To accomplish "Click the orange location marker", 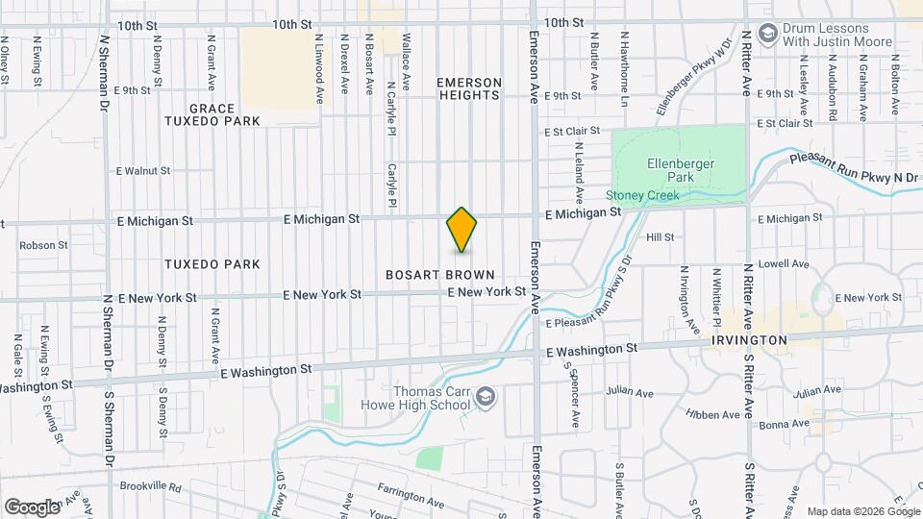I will tap(461, 230).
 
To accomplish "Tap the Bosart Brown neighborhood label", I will tap(440, 275).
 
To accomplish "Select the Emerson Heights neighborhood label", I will tap(469, 88).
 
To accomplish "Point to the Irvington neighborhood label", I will tap(750, 340).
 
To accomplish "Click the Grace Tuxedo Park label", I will tap(212, 114).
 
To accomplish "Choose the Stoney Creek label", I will tap(641, 196).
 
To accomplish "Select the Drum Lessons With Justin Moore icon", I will tap(767, 35).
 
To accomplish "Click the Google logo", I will tap(32, 507).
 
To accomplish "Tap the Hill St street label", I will tap(661, 236).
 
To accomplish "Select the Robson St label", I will tap(43, 245).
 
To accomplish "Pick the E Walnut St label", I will tap(142, 171).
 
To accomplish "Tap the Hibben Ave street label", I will tap(712, 413).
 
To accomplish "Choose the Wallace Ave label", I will tap(407, 62).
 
